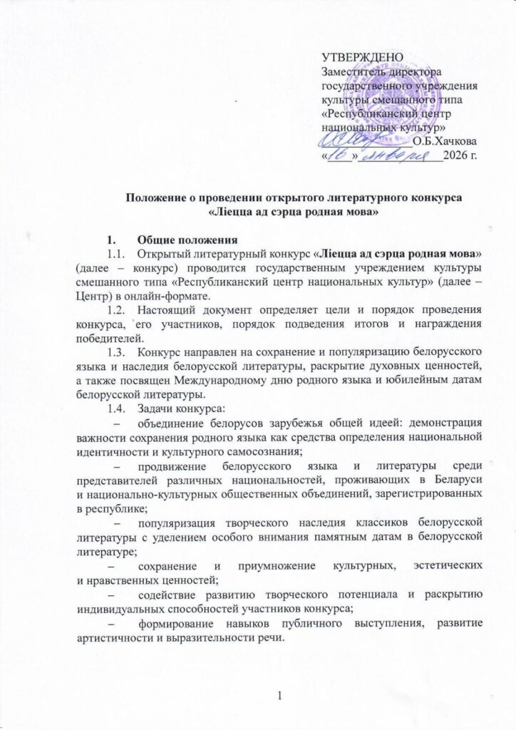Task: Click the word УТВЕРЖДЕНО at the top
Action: [363, 58]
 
